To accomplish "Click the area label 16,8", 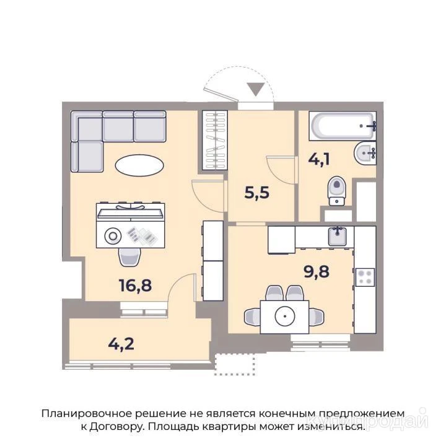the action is pyautogui.click(x=136, y=286).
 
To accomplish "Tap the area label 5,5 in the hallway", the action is pyautogui.click(x=256, y=193).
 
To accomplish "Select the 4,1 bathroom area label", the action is pyautogui.click(x=319, y=159).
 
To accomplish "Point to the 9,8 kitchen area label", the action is pyautogui.click(x=317, y=271).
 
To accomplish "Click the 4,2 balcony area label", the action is pyautogui.click(x=121, y=344).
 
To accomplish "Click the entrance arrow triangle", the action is pyautogui.click(x=256, y=89).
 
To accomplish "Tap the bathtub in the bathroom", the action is pyautogui.click(x=343, y=126).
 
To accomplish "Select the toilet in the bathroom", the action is pyautogui.click(x=337, y=191).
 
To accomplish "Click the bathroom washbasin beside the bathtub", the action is pyautogui.click(x=365, y=153).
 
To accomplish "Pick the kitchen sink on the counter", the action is pyautogui.click(x=338, y=237).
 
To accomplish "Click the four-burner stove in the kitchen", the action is pyautogui.click(x=365, y=278).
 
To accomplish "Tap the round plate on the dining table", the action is pyautogui.click(x=285, y=317).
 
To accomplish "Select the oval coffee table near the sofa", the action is pyautogui.click(x=139, y=165).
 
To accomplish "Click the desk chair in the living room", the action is pyautogui.click(x=129, y=257).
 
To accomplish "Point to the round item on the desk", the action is pyautogui.click(x=113, y=236).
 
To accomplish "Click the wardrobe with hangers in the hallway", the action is pyautogui.click(x=215, y=140).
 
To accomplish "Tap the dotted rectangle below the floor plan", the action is pyautogui.click(x=235, y=364).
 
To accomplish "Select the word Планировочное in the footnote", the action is pyautogui.click(x=86, y=413).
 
